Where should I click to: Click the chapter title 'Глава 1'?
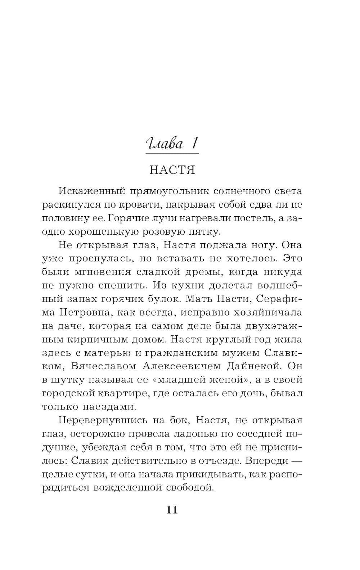(172, 144)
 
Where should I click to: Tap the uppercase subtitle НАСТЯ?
(172, 170)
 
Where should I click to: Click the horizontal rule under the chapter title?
(172, 154)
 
